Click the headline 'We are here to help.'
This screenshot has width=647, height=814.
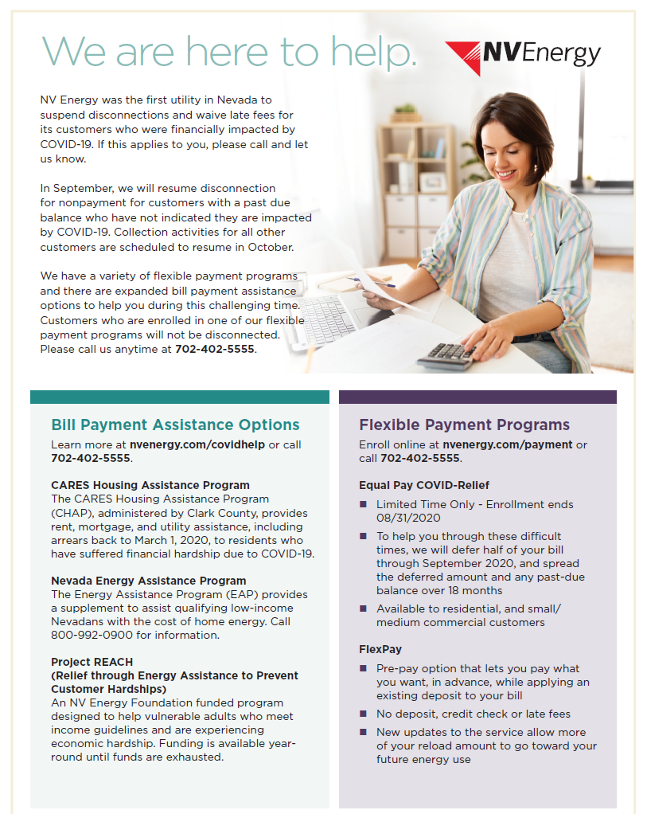pos(229,51)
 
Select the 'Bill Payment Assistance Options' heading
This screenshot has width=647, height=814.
pos(175,425)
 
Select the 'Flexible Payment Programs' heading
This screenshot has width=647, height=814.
pos(464,425)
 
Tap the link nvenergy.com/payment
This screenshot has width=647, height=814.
pos(508,444)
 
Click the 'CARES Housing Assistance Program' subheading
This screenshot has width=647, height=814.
pos(150,485)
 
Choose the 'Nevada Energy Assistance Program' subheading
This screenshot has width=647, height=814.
pos(149,581)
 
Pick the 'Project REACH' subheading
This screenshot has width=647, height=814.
pos(92,662)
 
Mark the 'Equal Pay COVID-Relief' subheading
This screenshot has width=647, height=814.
pos(424,485)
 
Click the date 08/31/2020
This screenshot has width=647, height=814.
pos(408,518)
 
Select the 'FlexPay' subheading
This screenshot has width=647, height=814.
pos(380,649)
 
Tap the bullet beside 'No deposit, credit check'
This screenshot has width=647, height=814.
pos(364,714)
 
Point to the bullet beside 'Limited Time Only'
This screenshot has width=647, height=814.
pos(364,504)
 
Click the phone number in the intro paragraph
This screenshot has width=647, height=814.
pos(215,348)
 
